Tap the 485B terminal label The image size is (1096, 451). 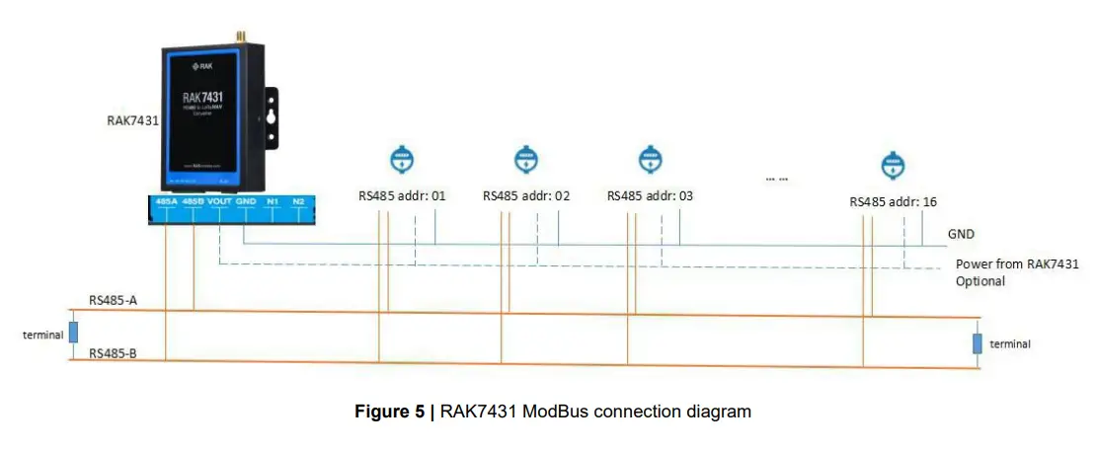(x=194, y=201)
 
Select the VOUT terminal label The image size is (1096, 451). (x=219, y=201)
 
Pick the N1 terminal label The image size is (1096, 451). (x=273, y=201)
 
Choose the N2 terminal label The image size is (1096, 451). (x=298, y=201)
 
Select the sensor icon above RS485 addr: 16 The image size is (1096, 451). (x=893, y=165)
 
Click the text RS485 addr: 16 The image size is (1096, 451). (x=893, y=201)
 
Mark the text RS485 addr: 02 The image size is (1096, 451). (x=526, y=195)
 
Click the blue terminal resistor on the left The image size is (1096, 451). (x=73, y=332)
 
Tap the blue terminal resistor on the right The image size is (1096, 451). (x=977, y=343)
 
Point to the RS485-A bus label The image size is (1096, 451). (x=112, y=300)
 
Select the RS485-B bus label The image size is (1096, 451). (x=112, y=352)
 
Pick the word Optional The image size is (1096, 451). (x=979, y=281)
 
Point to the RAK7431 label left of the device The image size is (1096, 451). (x=133, y=121)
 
